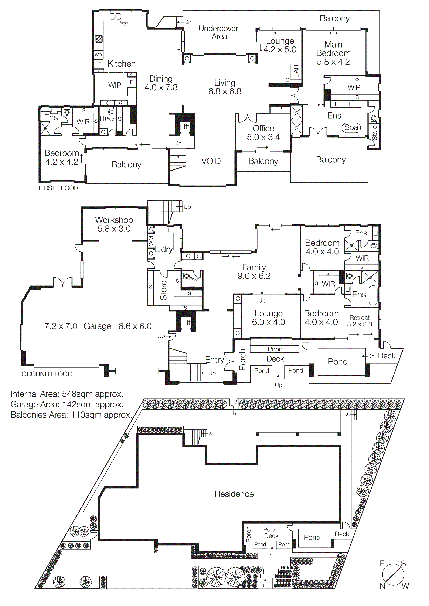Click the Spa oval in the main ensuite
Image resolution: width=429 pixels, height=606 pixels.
click(351, 127)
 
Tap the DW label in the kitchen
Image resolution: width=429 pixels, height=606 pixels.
click(124, 25)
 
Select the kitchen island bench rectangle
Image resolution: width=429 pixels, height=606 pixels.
click(126, 47)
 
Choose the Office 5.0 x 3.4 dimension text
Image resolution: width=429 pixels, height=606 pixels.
click(263, 137)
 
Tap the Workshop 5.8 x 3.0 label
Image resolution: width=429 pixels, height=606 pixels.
click(114, 224)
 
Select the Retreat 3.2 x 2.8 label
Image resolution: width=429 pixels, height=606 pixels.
click(359, 321)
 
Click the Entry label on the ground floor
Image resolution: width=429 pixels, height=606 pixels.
click(214, 360)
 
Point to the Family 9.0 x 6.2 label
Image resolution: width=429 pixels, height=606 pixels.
click(254, 272)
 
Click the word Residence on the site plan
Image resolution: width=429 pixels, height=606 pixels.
click(234, 494)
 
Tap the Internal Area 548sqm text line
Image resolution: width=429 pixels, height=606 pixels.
click(67, 394)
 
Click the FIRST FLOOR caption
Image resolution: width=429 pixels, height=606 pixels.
click(58, 188)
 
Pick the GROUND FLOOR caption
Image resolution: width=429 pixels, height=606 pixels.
click(47, 374)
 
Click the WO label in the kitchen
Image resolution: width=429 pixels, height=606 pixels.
click(98, 55)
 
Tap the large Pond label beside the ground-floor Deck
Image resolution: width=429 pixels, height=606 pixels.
click(338, 362)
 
